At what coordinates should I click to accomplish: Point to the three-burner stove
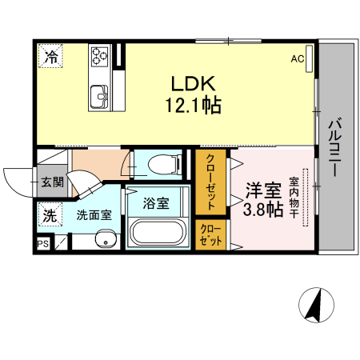click(100, 55)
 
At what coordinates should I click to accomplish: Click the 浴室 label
click(156, 202)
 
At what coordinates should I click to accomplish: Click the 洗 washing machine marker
click(50, 214)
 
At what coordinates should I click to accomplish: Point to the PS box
click(42, 243)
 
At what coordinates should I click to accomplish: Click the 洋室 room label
click(262, 190)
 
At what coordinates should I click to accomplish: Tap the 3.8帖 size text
click(262, 210)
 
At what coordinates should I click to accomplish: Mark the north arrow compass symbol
click(316, 305)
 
